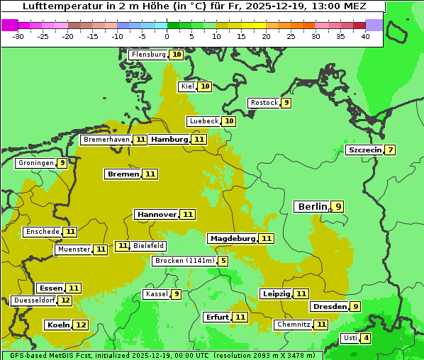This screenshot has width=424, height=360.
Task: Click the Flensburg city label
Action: [x=148, y=55]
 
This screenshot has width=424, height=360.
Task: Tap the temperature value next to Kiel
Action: [x=205, y=86]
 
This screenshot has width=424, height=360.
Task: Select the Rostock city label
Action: [x=264, y=103]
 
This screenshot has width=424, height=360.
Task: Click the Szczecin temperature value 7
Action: [x=390, y=150]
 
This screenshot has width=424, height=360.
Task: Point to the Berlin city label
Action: [x=312, y=207]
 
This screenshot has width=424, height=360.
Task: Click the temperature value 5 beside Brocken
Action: [x=223, y=261]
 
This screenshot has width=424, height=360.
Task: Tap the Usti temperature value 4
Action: [x=366, y=338]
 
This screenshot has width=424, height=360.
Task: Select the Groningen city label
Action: [x=36, y=163]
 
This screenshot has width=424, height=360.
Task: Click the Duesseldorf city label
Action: [x=34, y=300]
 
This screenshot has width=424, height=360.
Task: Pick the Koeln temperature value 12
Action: [x=81, y=325]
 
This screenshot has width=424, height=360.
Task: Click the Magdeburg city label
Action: [x=232, y=239]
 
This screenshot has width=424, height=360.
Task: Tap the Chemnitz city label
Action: [x=294, y=325]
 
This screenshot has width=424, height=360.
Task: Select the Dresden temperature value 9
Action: [x=355, y=307]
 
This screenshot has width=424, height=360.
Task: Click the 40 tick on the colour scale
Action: [x=365, y=36]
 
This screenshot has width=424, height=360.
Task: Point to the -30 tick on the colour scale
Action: [x=18, y=36]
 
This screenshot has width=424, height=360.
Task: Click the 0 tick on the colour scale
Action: [x=167, y=36]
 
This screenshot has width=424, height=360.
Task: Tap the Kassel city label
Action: [x=155, y=294]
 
